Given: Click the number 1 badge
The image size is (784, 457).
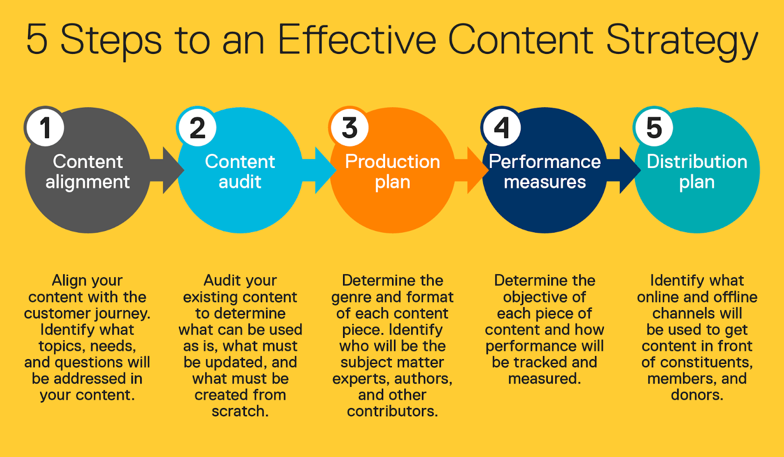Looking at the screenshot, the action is click(45, 127).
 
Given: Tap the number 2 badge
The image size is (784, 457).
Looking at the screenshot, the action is click(197, 127).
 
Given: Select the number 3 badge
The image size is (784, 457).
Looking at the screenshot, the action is click(349, 127).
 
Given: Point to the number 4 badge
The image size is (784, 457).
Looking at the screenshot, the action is click(502, 127).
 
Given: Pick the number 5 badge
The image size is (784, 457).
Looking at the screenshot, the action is click(654, 127).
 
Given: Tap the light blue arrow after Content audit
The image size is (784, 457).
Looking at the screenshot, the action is click(319, 170).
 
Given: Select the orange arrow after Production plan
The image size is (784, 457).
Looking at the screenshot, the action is click(471, 170).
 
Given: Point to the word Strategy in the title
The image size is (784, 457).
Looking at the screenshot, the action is click(682, 42).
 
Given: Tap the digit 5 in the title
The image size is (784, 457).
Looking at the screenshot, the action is click(37, 39).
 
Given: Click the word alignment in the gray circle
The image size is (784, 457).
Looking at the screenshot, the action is click(88, 183).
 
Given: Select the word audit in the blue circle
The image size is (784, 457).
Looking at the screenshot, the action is click(240, 182).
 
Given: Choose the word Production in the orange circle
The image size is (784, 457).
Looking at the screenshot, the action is click(392, 162).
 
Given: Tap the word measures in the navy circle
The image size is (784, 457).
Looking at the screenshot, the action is click(544, 182).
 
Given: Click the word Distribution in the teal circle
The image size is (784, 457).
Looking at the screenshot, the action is click(697, 162).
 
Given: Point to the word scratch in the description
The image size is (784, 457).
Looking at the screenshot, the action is click(238, 411).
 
